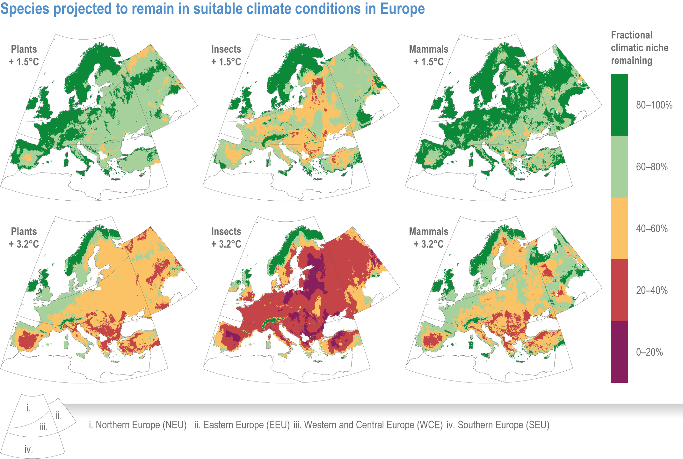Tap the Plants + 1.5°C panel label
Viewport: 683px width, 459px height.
pyautogui.click(x=24, y=56)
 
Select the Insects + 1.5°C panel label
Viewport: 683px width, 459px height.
pyautogui.click(x=226, y=56)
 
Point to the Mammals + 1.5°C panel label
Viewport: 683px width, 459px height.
pyautogui.click(x=428, y=56)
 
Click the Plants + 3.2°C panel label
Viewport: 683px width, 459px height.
pyautogui.click(x=24, y=238)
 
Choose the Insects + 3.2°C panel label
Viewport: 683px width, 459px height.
pyautogui.click(x=226, y=238)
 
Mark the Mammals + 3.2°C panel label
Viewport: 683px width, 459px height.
pyautogui.click(x=428, y=238)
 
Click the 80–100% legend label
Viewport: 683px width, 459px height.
pyautogui.click(x=654, y=105)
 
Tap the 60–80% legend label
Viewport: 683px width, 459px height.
pyautogui.click(x=652, y=167)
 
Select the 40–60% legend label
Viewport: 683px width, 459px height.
pyautogui.click(x=652, y=228)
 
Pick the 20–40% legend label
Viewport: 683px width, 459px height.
pyautogui.click(x=652, y=290)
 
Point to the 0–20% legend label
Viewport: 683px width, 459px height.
pyautogui.click(x=649, y=352)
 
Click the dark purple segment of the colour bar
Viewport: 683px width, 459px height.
pyautogui.click(x=619, y=352)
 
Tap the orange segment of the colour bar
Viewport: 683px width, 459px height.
pyautogui.click(x=619, y=228)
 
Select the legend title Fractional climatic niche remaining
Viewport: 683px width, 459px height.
pyautogui.click(x=639, y=48)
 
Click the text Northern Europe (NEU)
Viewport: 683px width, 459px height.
pyautogui.click(x=141, y=425)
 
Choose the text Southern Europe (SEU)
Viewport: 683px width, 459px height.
pyautogui.click(x=503, y=425)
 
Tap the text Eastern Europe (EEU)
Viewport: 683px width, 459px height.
pyautogui.click(x=246, y=425)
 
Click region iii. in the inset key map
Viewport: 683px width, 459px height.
pyautogui.click(x=44, y=426)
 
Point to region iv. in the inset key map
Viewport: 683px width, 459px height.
pyautogui.click(x=29, y=449)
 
